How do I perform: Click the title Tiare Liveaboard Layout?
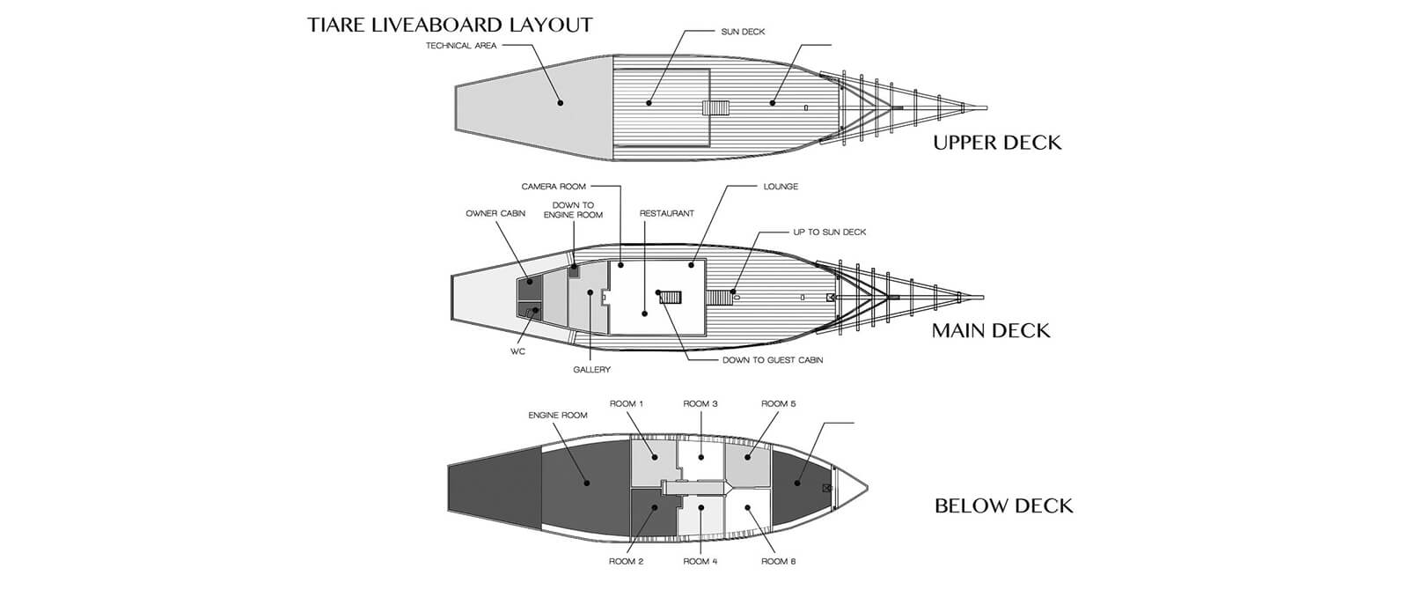(450, 26)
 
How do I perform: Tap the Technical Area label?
(461, 45)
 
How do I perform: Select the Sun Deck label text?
(743, 32)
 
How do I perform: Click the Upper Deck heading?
(997, 143)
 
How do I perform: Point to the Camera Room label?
(554, 186)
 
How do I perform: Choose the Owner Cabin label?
(495, 213)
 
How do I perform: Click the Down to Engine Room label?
(573, 210)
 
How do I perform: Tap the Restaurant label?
(667, 213)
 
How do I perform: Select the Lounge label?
(781, 186)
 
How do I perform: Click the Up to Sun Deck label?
(830, 232)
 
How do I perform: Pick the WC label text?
(517, 351)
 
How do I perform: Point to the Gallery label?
(591, 370)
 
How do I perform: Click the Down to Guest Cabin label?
(773, 360)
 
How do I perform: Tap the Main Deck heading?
(991, 331)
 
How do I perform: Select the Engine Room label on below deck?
(558, 415)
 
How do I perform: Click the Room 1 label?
(626, 404)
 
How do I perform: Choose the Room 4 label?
(700, 561)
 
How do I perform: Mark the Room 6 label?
(778, 561)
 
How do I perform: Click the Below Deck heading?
(1004, 506)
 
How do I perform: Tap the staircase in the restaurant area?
(671, 297)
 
